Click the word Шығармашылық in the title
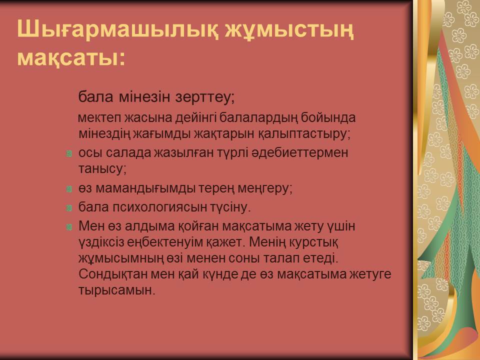[x=117, y=30]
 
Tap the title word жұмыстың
[x=289, y=30]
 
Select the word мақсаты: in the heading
[x=71, y=58]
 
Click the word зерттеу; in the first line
[x=205, y=97]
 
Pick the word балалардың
[x=258, y=118]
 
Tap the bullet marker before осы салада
[x=69, y=153]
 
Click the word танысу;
[x=102, y=169]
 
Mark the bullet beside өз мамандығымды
[x=69, y=189]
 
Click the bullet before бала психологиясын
[x=69, y=208]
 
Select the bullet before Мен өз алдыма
[x=69, y=227]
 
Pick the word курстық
[x=313, y=242]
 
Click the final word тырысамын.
[x=117, y=290]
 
